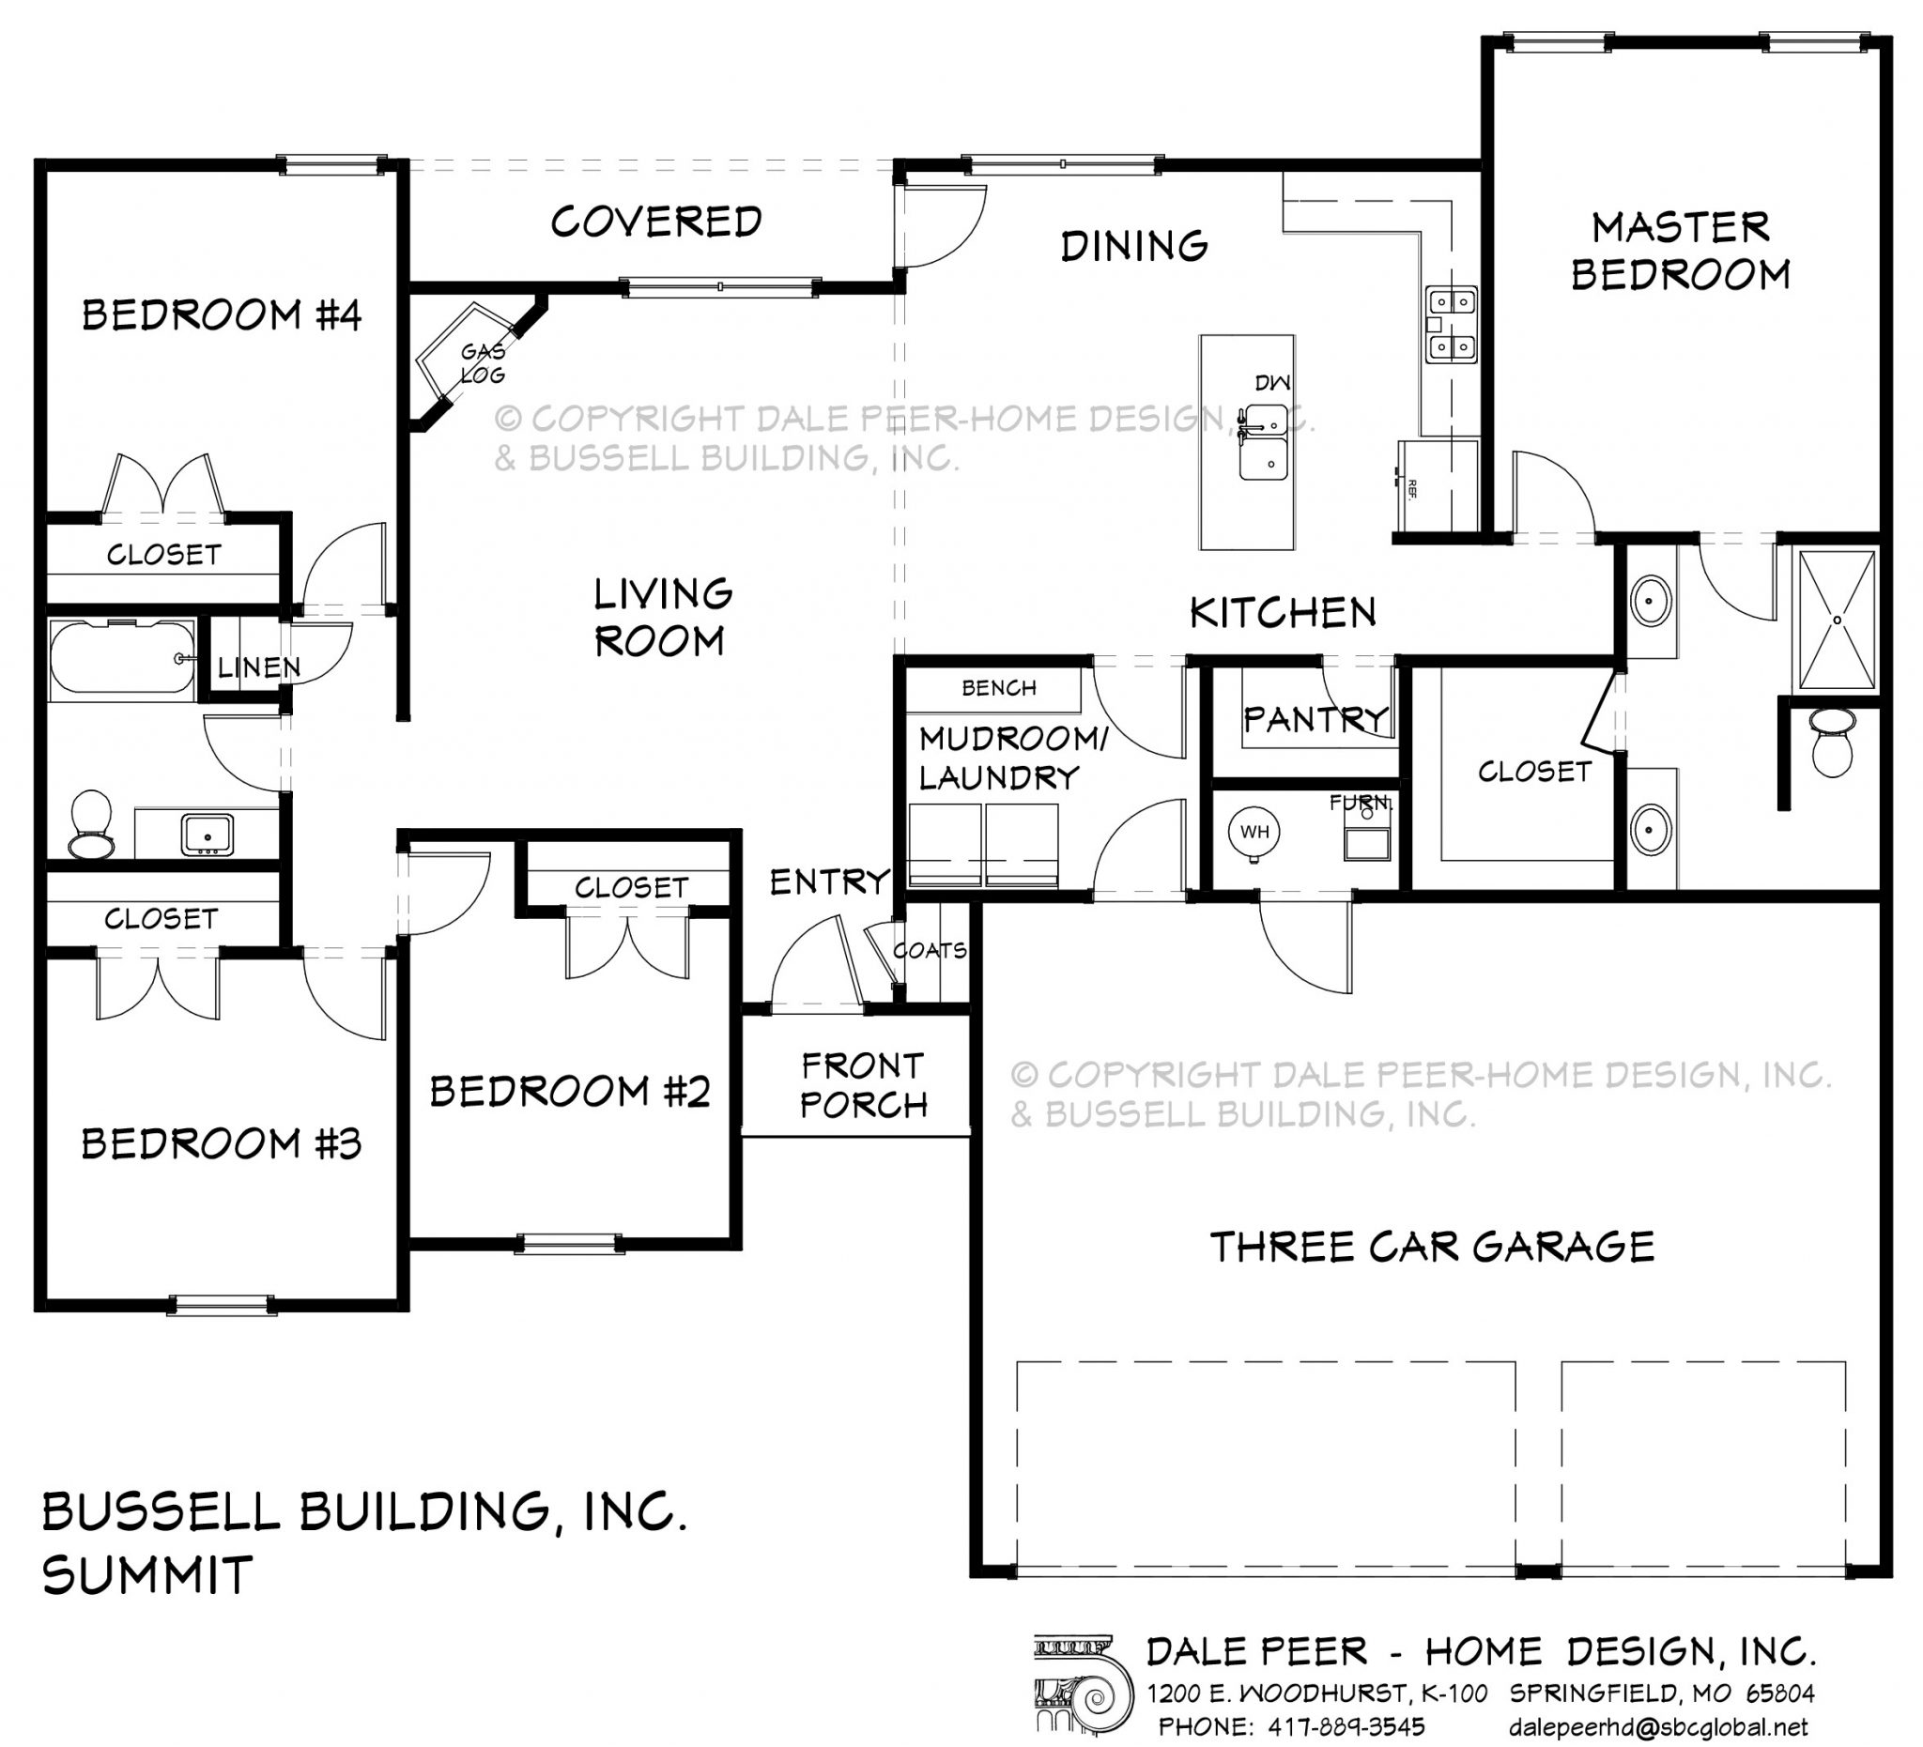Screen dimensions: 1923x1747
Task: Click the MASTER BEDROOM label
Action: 1680,251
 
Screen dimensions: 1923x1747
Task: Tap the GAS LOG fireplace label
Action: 483,363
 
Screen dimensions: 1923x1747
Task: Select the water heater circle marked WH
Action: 1254,832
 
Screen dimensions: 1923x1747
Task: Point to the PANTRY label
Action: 1316,718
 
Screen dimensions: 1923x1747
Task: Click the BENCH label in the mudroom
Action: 999,687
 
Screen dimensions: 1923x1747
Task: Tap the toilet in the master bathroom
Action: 1830,743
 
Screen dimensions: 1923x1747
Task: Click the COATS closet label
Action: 930,951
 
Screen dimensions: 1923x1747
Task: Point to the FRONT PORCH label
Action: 864,1084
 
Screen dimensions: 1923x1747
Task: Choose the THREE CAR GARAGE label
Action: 1432,1248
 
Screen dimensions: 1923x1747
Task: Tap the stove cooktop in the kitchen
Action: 1451,324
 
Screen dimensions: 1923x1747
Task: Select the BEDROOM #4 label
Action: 222,314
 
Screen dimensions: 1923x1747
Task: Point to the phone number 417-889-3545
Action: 1346,1727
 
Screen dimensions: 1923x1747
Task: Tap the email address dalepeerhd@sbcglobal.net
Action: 1659,1727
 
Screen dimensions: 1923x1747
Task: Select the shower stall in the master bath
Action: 1837,620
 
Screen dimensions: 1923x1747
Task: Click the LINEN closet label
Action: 258,667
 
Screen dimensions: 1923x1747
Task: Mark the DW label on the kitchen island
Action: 1272,383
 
